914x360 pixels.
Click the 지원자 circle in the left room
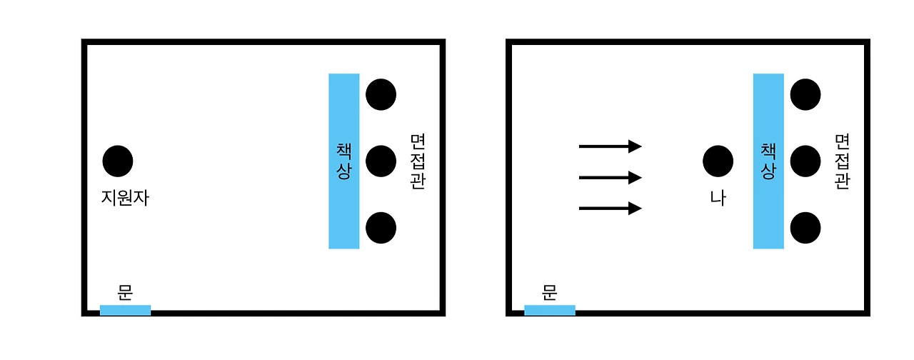click(118, 161)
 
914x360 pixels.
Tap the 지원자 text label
click(125, 197)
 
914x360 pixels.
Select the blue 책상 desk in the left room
click(343, 161)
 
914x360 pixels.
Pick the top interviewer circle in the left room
click(381, 94)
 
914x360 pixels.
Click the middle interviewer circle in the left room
click(381, 161)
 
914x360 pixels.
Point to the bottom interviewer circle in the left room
click(381, 227)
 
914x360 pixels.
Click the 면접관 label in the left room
click(417, 161)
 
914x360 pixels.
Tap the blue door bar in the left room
click(125, 310)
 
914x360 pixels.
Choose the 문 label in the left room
click(125, 291)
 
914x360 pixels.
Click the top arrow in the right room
click(610, 146)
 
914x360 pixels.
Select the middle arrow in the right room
click(610, 177)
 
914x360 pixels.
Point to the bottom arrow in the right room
click(610, 209)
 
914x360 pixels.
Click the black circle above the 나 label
click(718, 161)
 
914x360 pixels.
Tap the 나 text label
click(718, 197)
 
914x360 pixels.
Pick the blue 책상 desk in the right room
click(768, 161)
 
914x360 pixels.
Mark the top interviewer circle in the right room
click(805, 94)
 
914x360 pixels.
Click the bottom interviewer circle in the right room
click(805, 227)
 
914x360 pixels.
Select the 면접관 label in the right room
click(842, 161)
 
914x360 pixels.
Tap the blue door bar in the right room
click(549, 310)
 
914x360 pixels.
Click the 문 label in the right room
click(549, 291)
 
